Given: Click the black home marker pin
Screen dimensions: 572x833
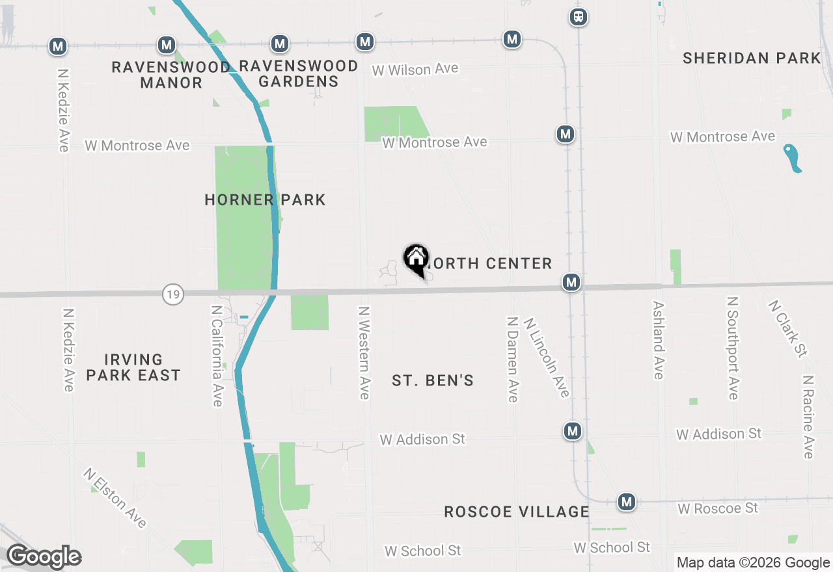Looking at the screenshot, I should [x=416, y=260].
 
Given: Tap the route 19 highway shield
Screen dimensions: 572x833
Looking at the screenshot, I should [x=172, y=294].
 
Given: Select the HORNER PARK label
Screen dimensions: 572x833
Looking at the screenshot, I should [x=265, y=200].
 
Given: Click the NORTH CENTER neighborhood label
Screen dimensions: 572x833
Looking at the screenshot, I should [x=489, y=263].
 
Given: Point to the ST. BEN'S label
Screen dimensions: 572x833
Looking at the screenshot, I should [x=433, y=380].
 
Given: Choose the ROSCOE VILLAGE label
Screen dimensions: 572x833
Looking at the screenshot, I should [x=517, y=512].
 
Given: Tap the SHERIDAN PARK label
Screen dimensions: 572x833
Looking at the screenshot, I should [x=752, y=58].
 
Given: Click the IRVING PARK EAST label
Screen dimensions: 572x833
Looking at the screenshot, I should [x=133, y=367].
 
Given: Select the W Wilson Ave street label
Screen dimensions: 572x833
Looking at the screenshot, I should [x=415, y=69].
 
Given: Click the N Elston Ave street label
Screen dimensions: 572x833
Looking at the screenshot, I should [x=115, y=498].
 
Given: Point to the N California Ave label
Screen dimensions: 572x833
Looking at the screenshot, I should [x=217, y=356].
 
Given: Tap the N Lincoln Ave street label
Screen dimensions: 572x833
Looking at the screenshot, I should [x=547, y=357].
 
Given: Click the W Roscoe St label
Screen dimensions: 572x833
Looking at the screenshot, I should [x=718, y=508].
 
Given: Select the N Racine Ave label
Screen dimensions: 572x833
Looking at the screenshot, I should [x=808, y=417].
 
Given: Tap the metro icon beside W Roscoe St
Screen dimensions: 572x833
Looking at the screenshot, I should [x=627, y=502].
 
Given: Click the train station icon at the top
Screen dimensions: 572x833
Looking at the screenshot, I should [x=579, y=17].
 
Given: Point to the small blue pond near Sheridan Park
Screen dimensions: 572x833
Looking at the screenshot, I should [x=793, y=158].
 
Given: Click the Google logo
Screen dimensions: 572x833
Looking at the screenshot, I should [x=44, y=556].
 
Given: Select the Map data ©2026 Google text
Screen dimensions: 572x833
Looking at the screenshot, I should [x=753, y=562].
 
